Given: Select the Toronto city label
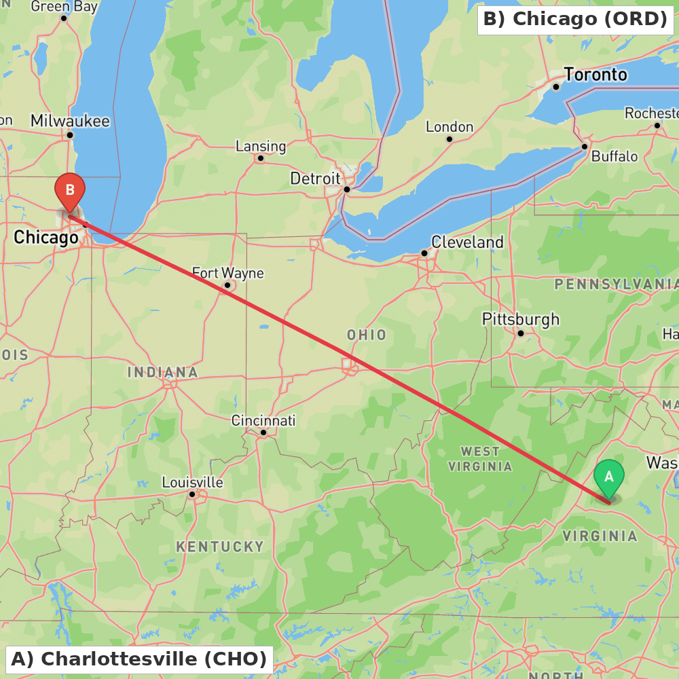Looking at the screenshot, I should click(595, 74).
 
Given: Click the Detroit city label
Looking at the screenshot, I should click(315, 179).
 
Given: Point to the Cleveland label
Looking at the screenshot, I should click(467, 242).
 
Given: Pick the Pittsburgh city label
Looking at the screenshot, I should click(521, 319).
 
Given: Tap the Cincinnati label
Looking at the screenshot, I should click(263, 421).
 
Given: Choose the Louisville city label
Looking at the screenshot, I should click(192, 483).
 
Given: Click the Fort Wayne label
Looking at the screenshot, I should click(227, 274).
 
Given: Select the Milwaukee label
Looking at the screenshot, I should click(70, 121).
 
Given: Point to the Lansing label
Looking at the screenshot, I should click(261, 146).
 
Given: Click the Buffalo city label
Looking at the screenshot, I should click(614, 156).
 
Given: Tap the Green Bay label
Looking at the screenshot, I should click(65, 7).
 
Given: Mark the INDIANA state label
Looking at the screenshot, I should click(163, 372).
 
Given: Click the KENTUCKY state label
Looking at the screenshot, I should click(220, 547).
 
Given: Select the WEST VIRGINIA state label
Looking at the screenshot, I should click(480, 458).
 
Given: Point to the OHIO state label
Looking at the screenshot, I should click(367, 335).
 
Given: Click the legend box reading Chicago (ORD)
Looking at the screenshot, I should click(575, 19).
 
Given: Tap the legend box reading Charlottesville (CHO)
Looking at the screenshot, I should click(139, 659).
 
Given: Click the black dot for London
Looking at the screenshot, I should click(449, 139).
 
